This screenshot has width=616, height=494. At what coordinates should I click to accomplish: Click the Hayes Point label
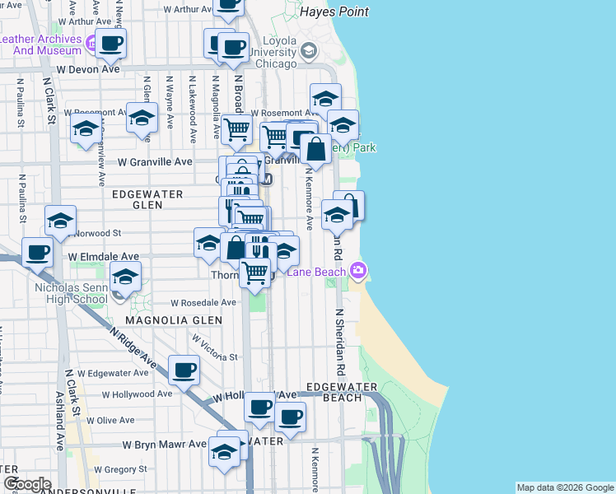334,12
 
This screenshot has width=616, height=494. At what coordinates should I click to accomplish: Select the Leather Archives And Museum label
41,44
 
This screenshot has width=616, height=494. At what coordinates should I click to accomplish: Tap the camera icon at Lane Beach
358,270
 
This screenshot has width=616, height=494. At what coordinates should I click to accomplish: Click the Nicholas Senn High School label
70,294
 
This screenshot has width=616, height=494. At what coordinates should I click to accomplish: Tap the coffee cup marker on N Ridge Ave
184,370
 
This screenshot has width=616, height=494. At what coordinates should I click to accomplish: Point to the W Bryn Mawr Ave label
165,445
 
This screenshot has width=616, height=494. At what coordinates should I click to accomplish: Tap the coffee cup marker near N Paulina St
36,252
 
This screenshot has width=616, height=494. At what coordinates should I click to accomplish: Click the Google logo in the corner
27,484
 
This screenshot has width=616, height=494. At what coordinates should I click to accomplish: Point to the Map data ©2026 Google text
564,487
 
